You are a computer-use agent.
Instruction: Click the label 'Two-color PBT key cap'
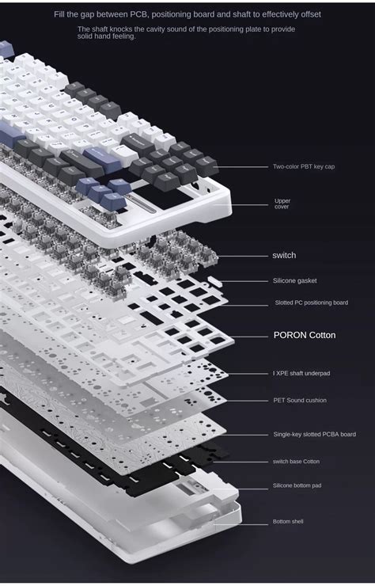point(304,167)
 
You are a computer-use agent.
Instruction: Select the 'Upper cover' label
point(282,204)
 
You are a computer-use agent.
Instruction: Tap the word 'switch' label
point(284,255)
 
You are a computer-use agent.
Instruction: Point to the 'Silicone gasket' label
point(294,280)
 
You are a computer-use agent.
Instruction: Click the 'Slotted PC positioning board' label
point(310,303)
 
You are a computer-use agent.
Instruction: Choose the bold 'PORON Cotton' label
point(305,335)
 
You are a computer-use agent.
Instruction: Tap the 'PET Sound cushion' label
point(299,401)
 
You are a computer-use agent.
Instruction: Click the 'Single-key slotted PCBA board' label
point(314,434)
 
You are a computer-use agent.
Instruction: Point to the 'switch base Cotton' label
point(296,461)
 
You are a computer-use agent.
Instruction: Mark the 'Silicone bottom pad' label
point(297,485)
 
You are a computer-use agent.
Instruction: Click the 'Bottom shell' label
point(288,521)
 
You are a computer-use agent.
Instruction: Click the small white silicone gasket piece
point(214,280)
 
